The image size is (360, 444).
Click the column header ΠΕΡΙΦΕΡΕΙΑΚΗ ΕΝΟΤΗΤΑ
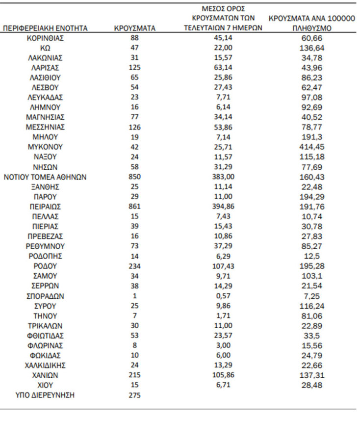(45, 28)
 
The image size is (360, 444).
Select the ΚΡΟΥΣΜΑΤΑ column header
(134, 28)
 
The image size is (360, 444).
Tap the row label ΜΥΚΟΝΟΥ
(45, 147)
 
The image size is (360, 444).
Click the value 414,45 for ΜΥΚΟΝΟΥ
(312, 147)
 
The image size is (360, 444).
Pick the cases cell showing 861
(134, 207)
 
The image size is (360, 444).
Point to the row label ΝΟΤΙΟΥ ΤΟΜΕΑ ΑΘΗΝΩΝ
(45, 177)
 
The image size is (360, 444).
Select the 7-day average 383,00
(223, 177)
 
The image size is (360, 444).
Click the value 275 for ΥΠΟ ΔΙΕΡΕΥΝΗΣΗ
(134, 395)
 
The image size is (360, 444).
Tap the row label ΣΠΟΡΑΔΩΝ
(45, 296)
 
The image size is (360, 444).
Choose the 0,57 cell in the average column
(223, 296)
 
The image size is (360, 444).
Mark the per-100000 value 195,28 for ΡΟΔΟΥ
(312, 266)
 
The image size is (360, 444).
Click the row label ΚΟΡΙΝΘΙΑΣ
(45, 38)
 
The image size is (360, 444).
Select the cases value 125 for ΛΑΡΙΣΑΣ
(134, 67)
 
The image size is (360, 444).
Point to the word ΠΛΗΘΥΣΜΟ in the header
(312, 28)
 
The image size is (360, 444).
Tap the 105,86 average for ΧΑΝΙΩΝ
(223, 375)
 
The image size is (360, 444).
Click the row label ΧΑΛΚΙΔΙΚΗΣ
(45, 365)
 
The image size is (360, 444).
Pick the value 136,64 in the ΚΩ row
(312, 48)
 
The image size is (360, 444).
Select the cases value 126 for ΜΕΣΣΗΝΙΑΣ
(134, 127)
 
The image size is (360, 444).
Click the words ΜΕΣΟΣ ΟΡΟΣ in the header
(223, 9)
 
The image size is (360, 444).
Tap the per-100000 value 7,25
(312, 296)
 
